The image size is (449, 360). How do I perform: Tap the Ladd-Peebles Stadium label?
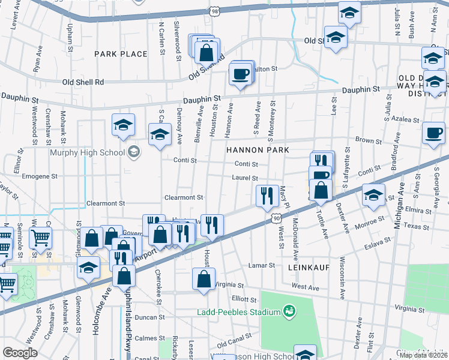240,312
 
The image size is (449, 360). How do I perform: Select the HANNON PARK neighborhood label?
258,150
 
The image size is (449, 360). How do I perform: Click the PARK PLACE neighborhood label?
121,54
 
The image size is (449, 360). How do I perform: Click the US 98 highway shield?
215,11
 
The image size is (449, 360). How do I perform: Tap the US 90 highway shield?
275,220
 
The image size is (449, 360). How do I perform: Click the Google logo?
20,352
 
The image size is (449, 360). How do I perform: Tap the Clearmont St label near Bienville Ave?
184,197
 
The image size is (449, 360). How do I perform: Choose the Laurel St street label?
246,178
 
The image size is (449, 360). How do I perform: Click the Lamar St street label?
262,265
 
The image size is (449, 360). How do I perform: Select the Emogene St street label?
39,177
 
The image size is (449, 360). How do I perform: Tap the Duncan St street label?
149,317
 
